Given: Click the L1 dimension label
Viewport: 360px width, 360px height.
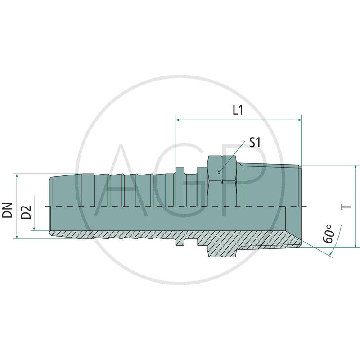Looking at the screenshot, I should [238, 110].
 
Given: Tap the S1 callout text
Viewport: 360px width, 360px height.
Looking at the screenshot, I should [255, 143].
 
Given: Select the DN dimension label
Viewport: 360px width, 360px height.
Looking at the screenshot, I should [8, 210].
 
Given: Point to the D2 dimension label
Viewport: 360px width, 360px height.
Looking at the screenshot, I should [27, 212].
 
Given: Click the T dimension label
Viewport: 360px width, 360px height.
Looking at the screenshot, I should [346, 207].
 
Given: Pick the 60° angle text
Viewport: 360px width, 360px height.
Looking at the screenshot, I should [329, 234].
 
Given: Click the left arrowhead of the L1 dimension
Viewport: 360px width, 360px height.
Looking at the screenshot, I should [179, 120].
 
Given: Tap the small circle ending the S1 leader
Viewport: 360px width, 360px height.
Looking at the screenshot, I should [219, 172].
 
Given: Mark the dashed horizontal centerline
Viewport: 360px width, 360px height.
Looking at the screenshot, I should [135, 207].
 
